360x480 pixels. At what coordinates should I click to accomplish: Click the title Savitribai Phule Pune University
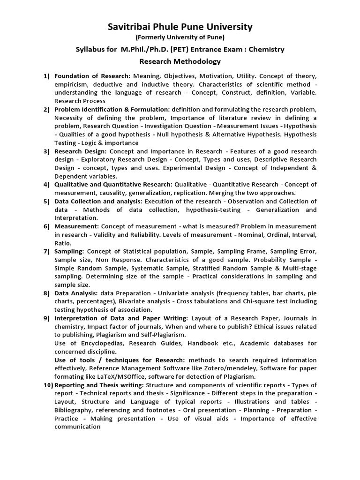180,27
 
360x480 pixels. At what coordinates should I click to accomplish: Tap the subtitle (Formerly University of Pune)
180,37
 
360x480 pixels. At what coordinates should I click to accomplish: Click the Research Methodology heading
180,61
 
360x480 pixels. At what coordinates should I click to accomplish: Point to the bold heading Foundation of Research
92,75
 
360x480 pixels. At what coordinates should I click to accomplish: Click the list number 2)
46,109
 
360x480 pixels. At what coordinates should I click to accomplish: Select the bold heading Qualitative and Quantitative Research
113,184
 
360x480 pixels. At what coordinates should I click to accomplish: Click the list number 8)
46,293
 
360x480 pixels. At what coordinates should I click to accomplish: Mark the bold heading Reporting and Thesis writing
99,385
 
